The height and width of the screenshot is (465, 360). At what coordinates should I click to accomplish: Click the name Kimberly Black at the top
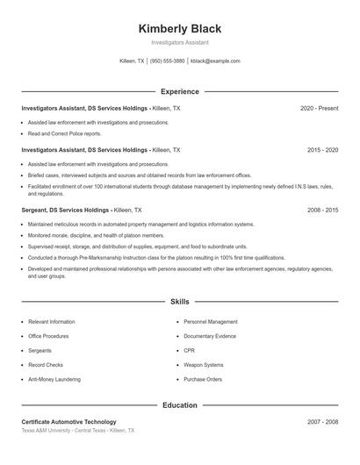point(179,27)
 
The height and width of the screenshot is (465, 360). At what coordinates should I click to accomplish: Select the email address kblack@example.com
point(215,61)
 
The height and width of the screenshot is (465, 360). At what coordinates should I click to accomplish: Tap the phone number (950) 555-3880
point(167,61)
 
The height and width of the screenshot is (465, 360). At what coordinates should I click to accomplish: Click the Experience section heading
point(179,91)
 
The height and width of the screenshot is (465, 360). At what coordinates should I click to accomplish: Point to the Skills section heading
point(179,302)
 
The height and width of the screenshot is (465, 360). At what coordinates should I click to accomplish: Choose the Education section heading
point(179,405)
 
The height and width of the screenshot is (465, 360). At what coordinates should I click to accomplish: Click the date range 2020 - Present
point(319,108)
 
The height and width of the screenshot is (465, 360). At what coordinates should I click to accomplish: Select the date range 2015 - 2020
point(322,150)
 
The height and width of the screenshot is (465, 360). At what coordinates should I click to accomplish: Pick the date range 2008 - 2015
point(322,211)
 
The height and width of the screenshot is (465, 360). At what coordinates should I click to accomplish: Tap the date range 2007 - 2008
point(322,422)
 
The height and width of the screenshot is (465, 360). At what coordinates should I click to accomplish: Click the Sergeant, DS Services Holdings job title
point(66,211)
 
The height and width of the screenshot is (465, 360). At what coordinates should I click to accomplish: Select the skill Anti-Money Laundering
point(54,379)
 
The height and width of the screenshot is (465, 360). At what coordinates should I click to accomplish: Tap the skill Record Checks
point(45,364)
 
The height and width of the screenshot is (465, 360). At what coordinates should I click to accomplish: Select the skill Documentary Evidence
point(211,336)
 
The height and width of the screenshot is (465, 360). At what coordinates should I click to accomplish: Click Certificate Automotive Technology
point(68,422)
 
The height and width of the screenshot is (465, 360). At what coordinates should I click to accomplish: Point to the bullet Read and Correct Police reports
point(64,134)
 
